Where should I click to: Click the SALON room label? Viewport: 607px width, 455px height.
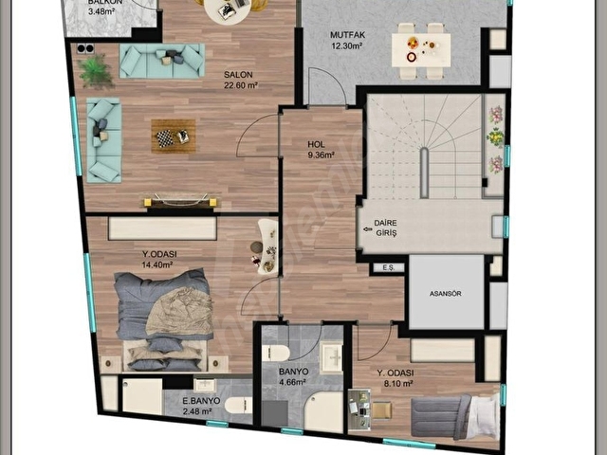(238, 75)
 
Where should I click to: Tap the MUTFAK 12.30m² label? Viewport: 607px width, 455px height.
(347, 40)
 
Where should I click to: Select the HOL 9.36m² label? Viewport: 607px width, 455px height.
(321, 150)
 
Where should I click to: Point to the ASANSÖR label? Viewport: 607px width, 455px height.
(445, 294)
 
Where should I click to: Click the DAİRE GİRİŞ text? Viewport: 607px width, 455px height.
(386, 228)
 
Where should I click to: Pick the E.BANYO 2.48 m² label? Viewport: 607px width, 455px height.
(201, 406)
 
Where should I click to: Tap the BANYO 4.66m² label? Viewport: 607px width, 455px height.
(293, 377)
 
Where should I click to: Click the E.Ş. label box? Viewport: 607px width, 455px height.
(389, 267)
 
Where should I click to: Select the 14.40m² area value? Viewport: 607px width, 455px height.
(156, 265)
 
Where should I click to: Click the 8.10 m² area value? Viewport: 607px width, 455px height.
(395, 383)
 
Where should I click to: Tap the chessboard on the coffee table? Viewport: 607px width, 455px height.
(164, 137)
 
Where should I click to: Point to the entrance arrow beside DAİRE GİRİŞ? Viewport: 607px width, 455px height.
(367, 229)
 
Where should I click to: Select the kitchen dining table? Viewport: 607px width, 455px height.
(421, 50)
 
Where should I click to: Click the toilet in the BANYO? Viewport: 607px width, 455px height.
(276, 354)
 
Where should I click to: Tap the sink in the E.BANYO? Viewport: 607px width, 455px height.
(205, 385)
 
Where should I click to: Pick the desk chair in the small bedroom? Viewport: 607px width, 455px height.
(381, 410)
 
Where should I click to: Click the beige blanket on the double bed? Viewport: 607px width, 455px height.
(180, 312)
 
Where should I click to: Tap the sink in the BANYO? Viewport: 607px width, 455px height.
(332, 357)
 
